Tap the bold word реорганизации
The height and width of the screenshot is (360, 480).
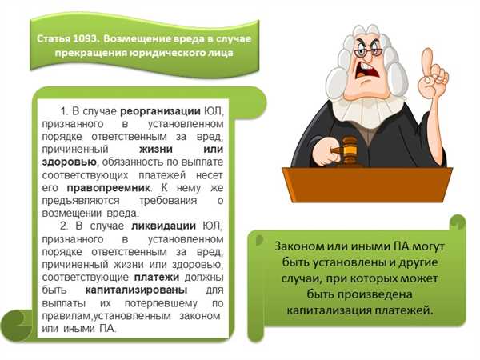[160, 111]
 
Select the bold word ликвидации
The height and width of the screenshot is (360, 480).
[163, 226]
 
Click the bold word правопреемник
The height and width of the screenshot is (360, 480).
[108, 188]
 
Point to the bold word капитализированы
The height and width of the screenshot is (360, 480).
[136, 290]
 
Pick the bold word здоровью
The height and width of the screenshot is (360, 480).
[69, 162]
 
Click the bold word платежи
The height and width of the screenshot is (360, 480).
[157, 277]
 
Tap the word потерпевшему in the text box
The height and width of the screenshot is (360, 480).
[161, 303]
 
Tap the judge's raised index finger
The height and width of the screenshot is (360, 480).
[428, 62]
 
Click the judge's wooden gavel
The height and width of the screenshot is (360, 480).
[346, 150]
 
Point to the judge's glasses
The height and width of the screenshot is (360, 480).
[369, 51]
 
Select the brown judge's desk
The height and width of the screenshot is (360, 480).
[367, 184]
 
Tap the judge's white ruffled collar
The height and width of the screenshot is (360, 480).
[368, 112]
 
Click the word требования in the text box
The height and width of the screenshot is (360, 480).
[168, 201]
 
